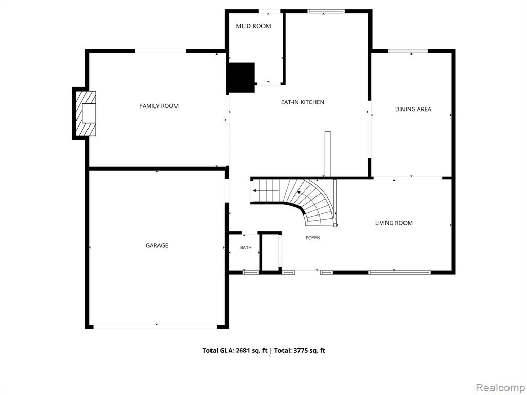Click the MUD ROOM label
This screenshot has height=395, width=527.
tap(253, 26)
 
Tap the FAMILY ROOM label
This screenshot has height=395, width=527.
tap(159, 106)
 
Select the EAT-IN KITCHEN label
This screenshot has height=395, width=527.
tap(303, 102)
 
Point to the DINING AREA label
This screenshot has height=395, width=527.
tap(413, 109)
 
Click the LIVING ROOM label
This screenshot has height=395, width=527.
tap(394, 223)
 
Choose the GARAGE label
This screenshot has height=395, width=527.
tap(157, 245)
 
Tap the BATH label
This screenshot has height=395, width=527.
tap(245, 248)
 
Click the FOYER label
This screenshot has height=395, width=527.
tap(313, 238)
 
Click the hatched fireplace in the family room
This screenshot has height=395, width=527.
tap(85, 114)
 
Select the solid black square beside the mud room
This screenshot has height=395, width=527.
tap(241, 77)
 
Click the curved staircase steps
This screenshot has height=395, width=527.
tap(312, 202)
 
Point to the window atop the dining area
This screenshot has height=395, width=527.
tap(408, 51)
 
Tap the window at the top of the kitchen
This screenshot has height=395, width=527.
tap(326, 11)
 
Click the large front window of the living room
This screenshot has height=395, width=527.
tap(399, 272)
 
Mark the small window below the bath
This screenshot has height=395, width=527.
tap(251, 272)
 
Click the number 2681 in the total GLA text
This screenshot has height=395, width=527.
tap(243, 351)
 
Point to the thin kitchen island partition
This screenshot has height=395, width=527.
tap(328, 154)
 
